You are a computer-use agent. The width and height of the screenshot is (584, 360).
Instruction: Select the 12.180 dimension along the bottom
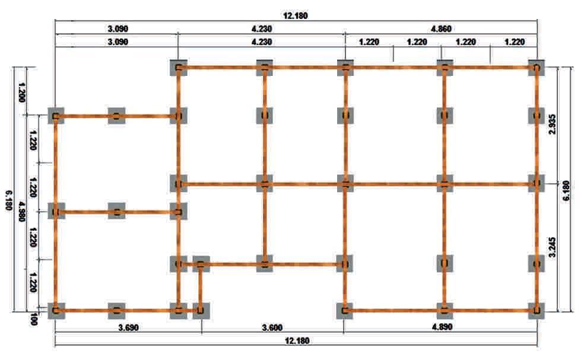(x=297, y=341)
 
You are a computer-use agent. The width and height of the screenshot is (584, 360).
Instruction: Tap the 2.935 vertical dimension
(x=553, y=124)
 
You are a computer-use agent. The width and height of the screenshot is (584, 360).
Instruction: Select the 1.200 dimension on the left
(x=23, y=91)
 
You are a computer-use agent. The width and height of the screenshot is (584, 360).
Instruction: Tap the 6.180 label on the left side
(x=8, y=202)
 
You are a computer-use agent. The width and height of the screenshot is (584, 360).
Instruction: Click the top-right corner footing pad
(x=537, y=68)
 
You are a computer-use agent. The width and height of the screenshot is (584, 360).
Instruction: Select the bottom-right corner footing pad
(x=537, y=310)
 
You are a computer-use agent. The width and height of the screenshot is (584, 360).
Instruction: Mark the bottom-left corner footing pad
(x=56, y=310)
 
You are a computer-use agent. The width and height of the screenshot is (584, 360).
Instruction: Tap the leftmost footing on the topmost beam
(x=177, y=68)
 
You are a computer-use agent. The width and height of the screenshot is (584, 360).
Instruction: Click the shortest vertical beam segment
(x=201, y=287)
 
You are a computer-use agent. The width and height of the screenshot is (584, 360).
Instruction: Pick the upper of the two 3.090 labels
(x=117, y=28)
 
